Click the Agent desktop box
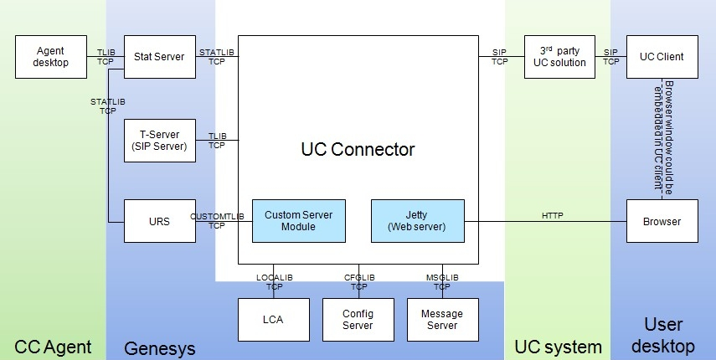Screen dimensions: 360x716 coord(50,57)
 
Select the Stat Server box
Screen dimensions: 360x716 coord(159,57)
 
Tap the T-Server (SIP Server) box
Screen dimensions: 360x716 coord(159,141)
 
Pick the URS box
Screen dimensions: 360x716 coord(159,222)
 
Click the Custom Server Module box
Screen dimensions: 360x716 coord(298,221)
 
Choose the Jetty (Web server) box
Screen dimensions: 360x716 coord(417,221)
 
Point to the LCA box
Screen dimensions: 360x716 coord(273,320)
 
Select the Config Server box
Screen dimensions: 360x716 coord(358,320)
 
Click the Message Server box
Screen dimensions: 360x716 coord(442,320)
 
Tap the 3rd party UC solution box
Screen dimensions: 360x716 coord(559,57)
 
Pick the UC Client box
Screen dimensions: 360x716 coord(662,57)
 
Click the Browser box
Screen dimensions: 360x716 coord(662,222)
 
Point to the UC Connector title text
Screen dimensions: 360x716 coord(358,150)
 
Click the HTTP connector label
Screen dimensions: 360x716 coord(553,215)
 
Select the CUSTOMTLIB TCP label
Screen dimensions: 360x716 coord(217,221)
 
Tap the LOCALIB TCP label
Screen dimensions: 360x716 coord(274,282)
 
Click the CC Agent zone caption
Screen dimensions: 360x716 coord(52,346)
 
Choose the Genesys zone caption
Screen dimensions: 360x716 coord(159,346)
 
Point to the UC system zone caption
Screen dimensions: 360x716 coord(558,346)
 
